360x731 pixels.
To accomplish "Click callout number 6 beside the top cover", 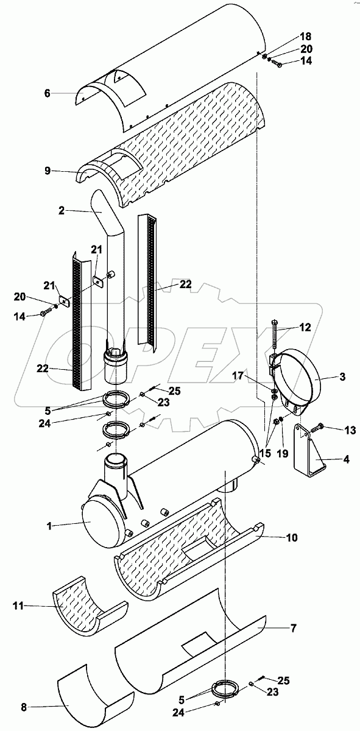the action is (x=48, y=94).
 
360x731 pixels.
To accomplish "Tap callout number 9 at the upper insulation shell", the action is (x=48, y=171).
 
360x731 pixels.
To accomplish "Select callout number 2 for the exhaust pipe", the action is (x=62, y=211).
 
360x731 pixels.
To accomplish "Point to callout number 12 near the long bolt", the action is (x=305, y=327).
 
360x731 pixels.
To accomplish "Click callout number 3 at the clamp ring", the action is (x=342, y=376).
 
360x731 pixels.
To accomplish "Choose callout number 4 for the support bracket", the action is (x=346, y=459).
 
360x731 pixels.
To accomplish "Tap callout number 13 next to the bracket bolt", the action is (x=350, y=431).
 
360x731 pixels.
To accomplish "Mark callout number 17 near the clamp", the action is (x=238, y=376).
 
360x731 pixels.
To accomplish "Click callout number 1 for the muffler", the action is (x=49, y=526).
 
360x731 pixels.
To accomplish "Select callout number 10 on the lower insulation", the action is (x=292, y=537).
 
